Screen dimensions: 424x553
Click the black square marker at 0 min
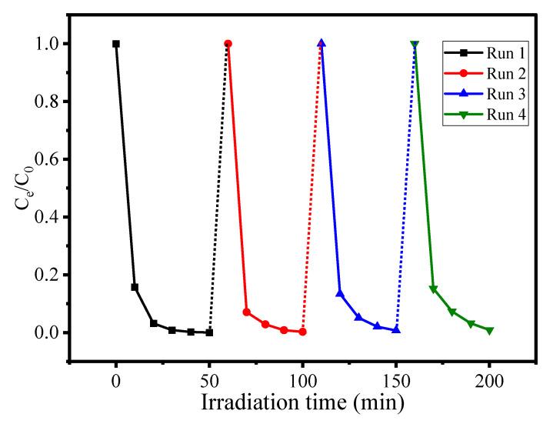(x=116, y=44)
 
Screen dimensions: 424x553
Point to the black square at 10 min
(x=135, y=287)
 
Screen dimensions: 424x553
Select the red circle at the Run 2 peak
(x=228, y=44)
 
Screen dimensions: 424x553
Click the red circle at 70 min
(x=246, y=312)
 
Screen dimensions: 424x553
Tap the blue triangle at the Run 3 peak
(x=321, y=44)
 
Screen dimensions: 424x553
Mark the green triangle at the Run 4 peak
(x=415, y=45)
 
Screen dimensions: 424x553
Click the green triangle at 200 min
(x=489, y=330)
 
